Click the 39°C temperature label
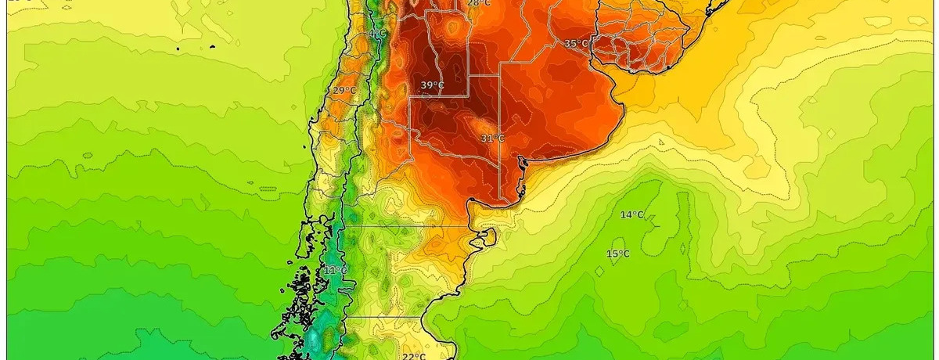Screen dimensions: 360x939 (x=432, y=85)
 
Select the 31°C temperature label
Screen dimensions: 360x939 (x=491, y=139)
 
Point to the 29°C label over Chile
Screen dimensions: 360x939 (x=344, y=91)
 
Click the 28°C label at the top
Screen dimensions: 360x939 (x=479, y=4)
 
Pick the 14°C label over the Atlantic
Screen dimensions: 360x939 (x=632, y=215)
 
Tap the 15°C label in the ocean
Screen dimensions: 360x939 (x=617, y=254)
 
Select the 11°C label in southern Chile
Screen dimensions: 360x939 (x=335, y=271)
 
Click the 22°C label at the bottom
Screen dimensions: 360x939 (x=414, y=357)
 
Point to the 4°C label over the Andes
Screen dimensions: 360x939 (x=379, y=35)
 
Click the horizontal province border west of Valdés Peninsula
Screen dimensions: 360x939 (x=407, y=226)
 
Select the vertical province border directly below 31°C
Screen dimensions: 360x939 (x=501, y=172)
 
